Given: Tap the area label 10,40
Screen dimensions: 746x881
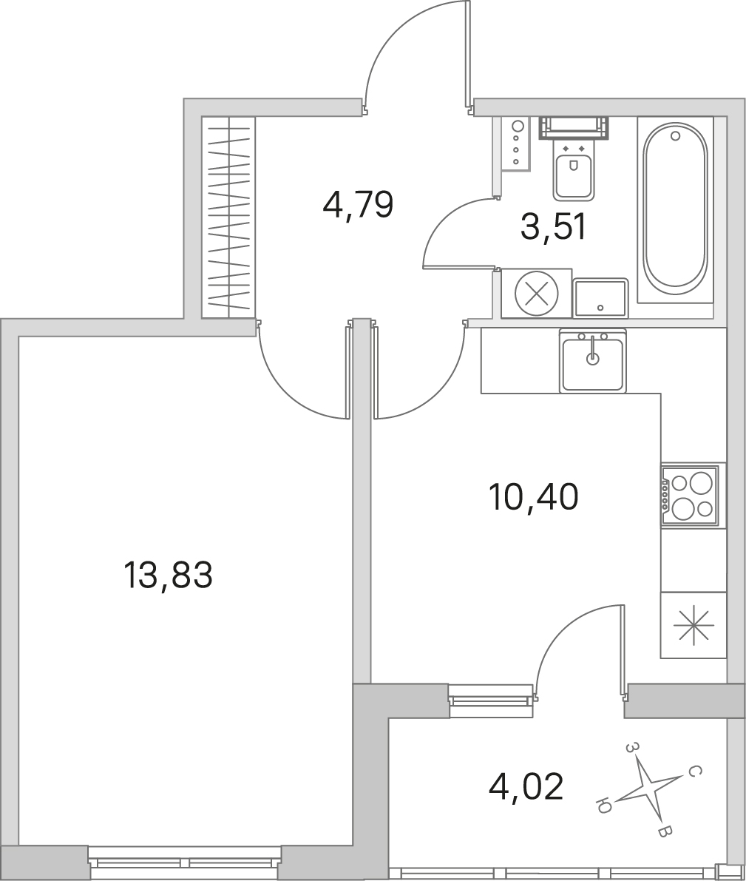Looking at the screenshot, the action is pos(534,496).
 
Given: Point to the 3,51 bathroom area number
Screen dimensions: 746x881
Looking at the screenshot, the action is pos(553,228).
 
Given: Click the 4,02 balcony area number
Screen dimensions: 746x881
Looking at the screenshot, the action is pos(526,786).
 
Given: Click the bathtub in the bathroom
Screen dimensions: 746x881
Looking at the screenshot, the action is pos(675,209).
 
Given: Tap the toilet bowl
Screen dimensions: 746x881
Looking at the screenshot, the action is pos(574,158).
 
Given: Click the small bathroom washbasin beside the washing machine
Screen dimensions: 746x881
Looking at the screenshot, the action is pos(600,298).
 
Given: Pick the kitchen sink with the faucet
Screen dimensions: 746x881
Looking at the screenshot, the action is pos(593,360).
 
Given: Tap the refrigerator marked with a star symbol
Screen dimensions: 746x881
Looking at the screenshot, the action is pos(694,625).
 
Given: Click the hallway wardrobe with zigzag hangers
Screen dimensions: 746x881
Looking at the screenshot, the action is pos(228,217).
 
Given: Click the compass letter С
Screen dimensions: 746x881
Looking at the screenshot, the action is pos(695,772).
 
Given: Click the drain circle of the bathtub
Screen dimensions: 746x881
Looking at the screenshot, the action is pos(675,135).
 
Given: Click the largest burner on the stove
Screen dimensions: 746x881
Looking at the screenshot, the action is pos(700,482).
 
